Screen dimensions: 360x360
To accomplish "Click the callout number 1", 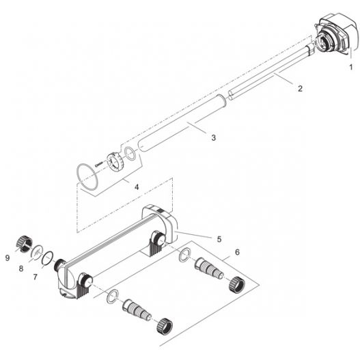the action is pyautogui.click(x=350, y=67).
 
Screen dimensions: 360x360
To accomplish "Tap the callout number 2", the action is pyautogui.click(x=300, y=88).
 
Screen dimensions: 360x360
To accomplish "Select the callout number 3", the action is pyautogui.click(x=214, y=138).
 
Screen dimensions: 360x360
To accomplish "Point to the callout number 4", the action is pyautogui.click(x=137, y=187).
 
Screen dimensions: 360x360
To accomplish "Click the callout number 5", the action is pyautogui.click(x=219, y=239).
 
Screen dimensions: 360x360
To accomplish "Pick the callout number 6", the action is pyautogui.click(x=237, y=252).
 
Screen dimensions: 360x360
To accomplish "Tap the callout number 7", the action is pyautogui.click(x=35, y=277).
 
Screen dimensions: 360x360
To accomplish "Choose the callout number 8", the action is pyautogui.click(x=21, y=268).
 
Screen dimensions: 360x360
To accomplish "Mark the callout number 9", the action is pyautogui.click(x=8, y=258).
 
